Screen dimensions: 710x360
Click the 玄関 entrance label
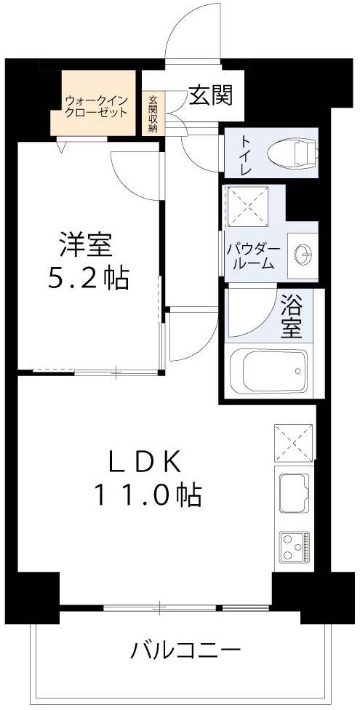click(210, 95)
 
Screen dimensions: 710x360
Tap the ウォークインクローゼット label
click(97, 106)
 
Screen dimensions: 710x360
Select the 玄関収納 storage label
click(153, 113)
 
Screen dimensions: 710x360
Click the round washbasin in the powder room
click(303, 254)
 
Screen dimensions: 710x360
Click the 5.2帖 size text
click(88, 278)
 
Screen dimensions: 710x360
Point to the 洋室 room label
click(87, 244)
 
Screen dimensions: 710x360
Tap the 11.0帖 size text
click(146, 495)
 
